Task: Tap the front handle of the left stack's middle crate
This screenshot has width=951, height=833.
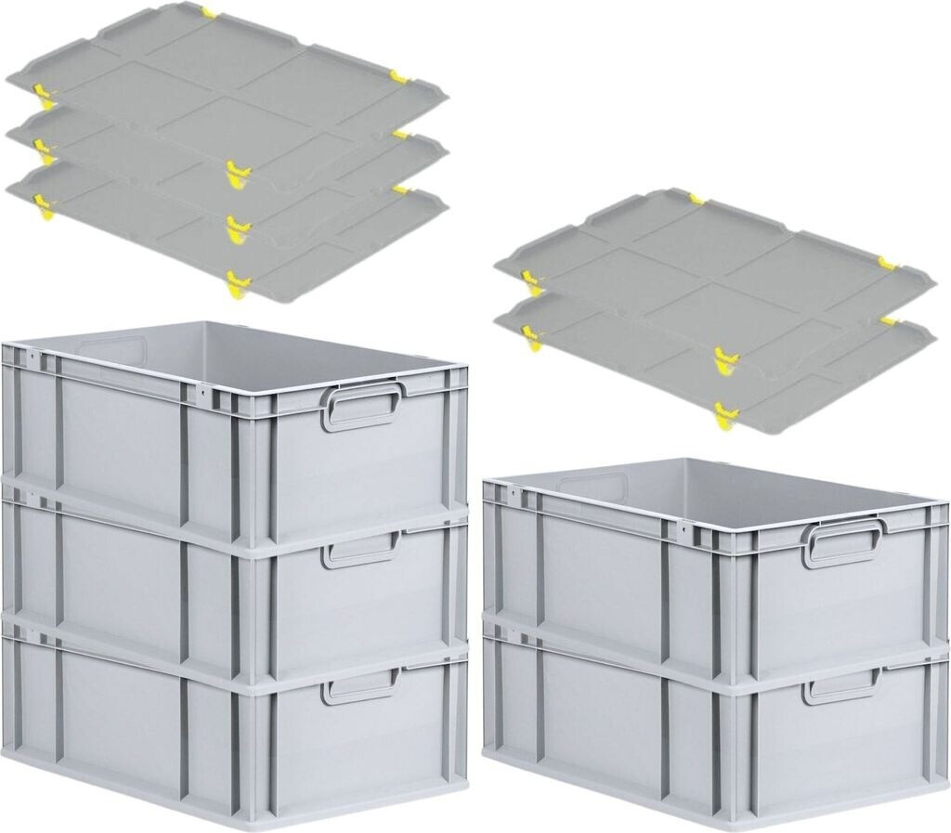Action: tap(360, 552)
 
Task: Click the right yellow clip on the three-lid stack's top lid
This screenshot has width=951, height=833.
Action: tap(399, 76)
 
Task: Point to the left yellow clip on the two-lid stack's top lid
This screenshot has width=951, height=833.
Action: tap(530, 280)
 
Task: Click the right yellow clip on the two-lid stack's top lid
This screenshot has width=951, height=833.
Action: tap(887, 265)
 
